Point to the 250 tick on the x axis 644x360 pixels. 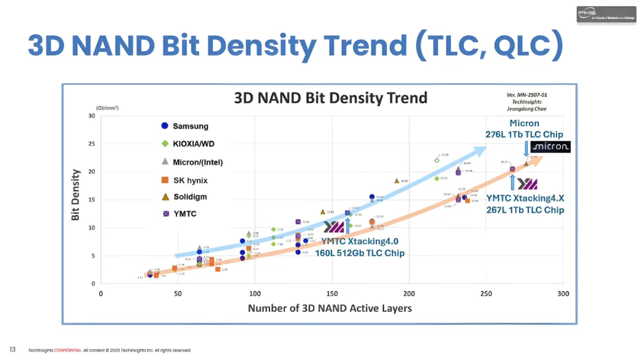tap(486, 294)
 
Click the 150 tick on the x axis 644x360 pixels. tap(332, 294)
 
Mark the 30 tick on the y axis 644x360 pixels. tap(91, 116)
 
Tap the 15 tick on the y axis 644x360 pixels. tap(91, 200)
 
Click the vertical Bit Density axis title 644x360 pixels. tap(76, 195)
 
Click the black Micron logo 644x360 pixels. tap(550, 147)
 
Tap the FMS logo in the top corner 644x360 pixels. tap(606, 15)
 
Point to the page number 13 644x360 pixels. tap(12, 349)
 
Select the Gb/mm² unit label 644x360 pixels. tap(107, 108)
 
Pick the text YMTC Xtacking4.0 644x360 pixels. tap(360, 241)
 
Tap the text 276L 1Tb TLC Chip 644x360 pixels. tap(524, 135)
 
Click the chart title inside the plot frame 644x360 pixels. tap(330, 98)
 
